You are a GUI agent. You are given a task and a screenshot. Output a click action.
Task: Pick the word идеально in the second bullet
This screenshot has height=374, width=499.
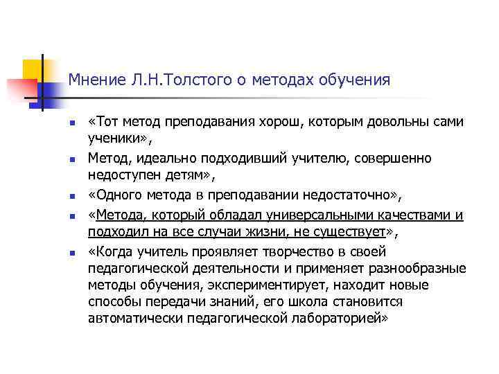[172, 159]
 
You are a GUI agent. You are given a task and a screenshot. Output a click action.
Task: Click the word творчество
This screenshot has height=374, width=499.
[295, 251]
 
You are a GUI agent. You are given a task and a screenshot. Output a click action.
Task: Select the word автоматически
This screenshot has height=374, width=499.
[137, 319]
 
